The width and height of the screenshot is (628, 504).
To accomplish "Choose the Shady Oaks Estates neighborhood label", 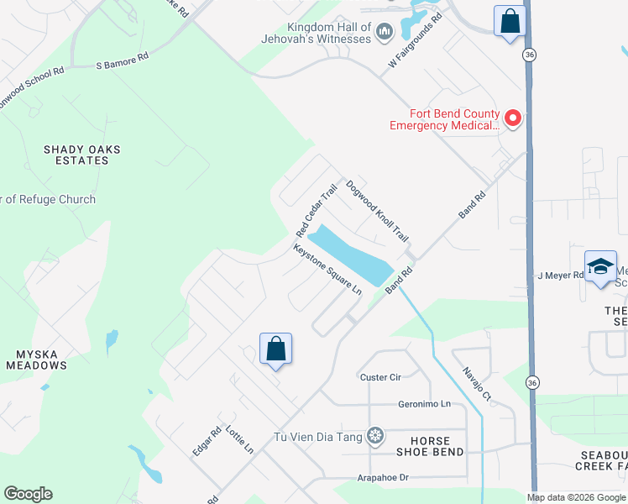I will click(82, 155).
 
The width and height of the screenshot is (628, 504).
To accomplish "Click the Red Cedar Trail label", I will click(316, 210).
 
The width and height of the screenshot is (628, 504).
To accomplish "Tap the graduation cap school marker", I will click(600, 267).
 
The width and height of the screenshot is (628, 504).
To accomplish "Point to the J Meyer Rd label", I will click(560, 276).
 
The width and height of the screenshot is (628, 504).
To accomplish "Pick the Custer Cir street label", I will click(379, 377).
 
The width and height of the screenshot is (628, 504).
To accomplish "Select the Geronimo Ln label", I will click(424, 404).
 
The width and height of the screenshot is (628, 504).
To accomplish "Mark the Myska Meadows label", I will click(36, 360).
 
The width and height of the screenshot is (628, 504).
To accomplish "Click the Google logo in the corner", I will click(28, 494).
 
